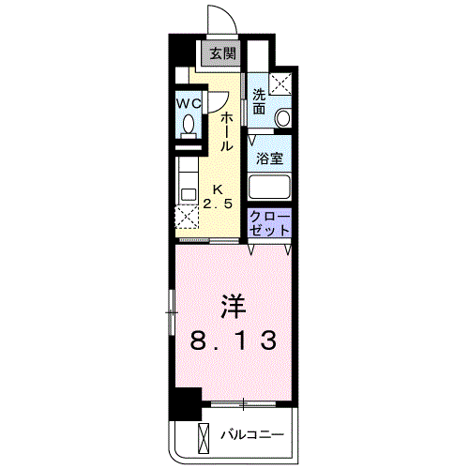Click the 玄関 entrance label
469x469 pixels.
[x=222, y=53]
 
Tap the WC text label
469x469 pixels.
[x=189, y=104]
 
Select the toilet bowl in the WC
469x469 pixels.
[x=189, y=126]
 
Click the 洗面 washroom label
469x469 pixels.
[x=260, y=101]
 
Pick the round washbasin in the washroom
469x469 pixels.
[x=283, y=117]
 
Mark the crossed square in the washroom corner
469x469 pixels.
[x=280, y=82]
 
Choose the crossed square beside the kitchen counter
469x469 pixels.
[x=187, y=219]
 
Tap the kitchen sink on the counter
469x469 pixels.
[x=188, y=195]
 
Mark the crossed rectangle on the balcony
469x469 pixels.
[x=204, y=436]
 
